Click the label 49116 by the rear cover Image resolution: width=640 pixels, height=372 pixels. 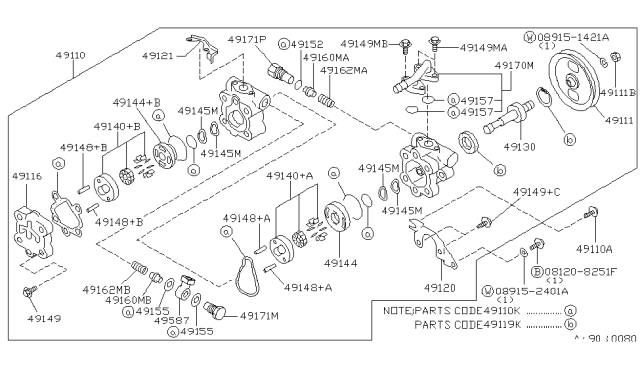coord(28,175)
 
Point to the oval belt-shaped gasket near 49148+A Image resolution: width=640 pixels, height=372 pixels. coord(243,262)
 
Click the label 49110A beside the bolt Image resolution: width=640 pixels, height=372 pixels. coord(596,248)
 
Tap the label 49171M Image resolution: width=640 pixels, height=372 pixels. coord(257,315)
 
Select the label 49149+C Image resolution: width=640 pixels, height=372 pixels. coord(536,192)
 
